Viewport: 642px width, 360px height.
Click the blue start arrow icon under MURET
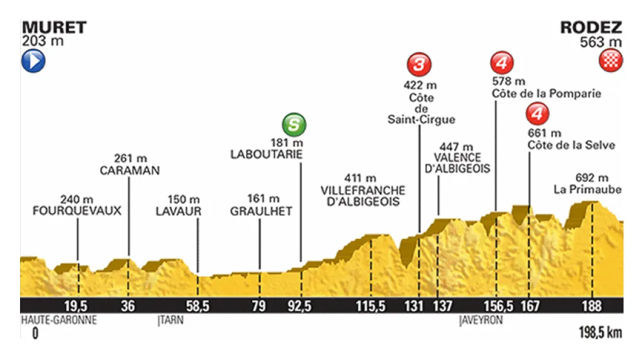(34, 61)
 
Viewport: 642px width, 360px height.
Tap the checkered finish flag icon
(611, 61)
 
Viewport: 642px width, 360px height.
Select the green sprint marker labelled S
(294, 124)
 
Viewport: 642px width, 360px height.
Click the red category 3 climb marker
(419, 63)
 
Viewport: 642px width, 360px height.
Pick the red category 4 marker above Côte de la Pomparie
(502, 63)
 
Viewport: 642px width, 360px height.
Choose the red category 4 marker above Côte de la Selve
(537, 114)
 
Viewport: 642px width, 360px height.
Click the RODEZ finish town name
(591, 28)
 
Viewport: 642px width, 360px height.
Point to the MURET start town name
(54, 28)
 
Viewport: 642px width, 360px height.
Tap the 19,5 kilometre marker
(79, 306)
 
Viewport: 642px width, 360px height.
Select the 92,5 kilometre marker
(300, 306)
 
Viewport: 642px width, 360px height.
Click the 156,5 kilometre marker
(496, 306)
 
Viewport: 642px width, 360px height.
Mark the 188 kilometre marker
(591, 306)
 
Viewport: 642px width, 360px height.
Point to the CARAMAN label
(129, 170)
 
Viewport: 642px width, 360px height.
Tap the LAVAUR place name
(179, 211)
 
